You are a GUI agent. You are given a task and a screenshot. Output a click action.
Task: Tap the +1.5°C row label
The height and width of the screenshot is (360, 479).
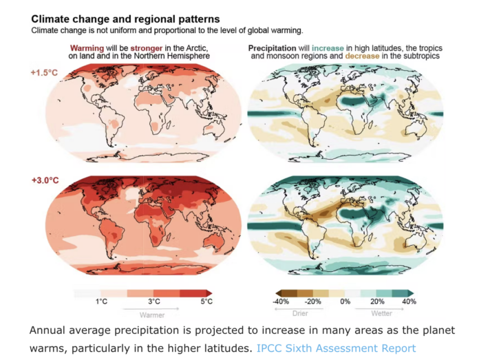click(x=44, y=74)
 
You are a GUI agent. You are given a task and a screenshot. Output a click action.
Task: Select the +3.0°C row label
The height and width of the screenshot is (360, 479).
click(x=44, y=180)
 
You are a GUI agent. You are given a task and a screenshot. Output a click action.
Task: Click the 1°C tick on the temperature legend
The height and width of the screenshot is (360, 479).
click(x=101, y=301)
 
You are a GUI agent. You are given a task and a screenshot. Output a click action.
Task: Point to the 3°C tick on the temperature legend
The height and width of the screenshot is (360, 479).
click(x=154, y=301)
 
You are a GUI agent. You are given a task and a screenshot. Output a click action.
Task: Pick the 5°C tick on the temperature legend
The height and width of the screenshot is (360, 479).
click(x=206, y=301)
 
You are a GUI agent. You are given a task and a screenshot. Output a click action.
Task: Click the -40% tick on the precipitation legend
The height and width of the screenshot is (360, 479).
click(x=280, y=301)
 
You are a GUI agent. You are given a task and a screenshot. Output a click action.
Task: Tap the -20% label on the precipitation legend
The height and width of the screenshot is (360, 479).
click(x=314, y=301)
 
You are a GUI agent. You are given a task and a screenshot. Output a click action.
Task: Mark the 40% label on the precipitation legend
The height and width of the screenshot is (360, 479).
click(x=409, y=301)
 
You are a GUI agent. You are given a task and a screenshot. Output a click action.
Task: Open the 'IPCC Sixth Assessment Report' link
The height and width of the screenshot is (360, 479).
click(x=336, y=348)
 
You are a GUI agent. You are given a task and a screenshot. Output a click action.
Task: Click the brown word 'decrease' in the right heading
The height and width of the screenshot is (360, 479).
click(x=364, y=56)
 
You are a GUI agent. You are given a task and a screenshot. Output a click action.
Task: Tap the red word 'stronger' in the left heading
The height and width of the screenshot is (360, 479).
click(x=148, y=48)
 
